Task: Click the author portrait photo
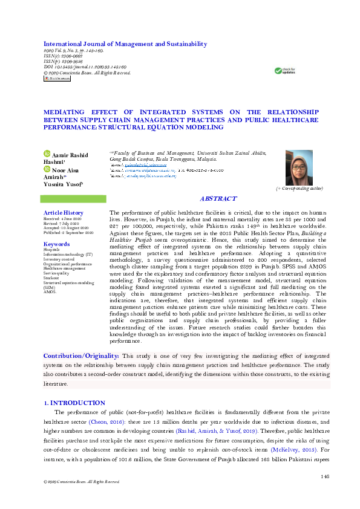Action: pos(299,167)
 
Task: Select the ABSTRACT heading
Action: pos(218,199)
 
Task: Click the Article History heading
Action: pos(64,213)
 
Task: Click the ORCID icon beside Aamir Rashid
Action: pos(47,155)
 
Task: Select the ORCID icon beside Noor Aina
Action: pos(47,170)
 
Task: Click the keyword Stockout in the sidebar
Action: pos(51,278)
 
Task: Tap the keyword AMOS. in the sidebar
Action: pos(49,291)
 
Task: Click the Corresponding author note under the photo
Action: pos(299,189)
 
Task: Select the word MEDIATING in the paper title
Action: pos(67,112)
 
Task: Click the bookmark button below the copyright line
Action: pos(56,78)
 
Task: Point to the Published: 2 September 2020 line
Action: pos(68,232)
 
